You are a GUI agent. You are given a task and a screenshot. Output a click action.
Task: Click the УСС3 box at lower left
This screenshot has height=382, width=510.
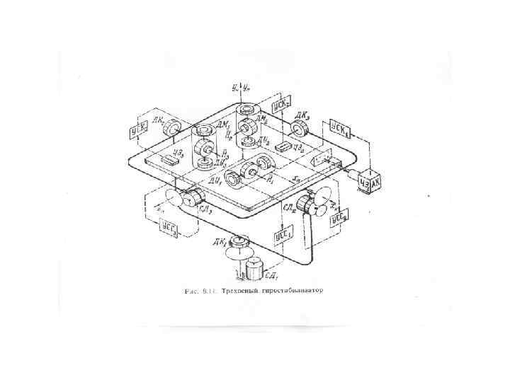point(169,227)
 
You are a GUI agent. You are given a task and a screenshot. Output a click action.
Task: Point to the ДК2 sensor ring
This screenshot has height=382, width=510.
point(173,128)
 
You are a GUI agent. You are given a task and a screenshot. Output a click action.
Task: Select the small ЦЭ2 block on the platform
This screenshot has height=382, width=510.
point(283,146)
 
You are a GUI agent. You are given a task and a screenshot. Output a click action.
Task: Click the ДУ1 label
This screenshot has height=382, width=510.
point(216,180)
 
